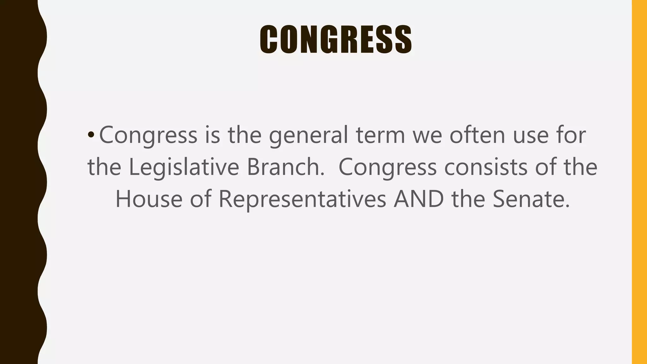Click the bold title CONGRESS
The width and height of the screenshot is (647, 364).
(x=336, y=39)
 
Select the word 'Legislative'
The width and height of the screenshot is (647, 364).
(x=184, y=167)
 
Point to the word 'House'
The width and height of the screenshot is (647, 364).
(x=149, y=199)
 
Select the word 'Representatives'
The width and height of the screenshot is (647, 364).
(x=302, y=200)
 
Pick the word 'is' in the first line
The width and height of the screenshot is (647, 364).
(x=212, y=135)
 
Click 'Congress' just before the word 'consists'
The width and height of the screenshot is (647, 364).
(x=387, y=167)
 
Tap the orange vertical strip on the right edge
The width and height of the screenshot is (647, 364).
(x=639, y=182)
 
